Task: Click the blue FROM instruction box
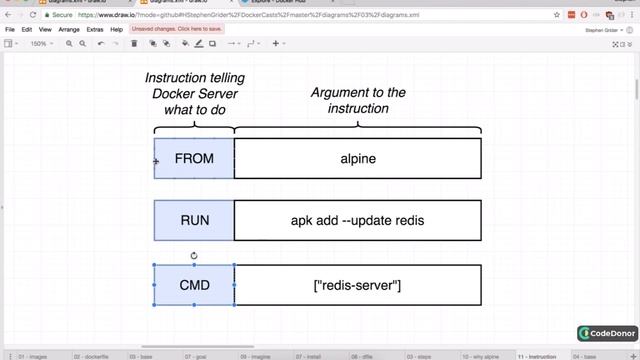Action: pos(194,158)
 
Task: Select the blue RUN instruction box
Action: pos(194,220)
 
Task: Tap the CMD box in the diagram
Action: pos(194,285)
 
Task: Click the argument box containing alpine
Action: pos(358,158)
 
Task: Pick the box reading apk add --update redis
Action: pos(358,220)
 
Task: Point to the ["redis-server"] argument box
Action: pos(358,285)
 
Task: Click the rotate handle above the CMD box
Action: pos(194,255)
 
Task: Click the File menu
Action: pos(10,30)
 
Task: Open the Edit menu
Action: pos(27,30)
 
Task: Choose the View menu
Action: pos(45,30)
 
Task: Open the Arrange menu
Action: pos(69,30)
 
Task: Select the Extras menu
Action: pos(95,30)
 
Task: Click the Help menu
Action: pos(117,30)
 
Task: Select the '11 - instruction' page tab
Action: pos(538,355)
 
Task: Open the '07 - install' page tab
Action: pos(307,355)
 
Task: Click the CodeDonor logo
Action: pos(607,334)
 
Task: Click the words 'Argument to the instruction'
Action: pos(358,100)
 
